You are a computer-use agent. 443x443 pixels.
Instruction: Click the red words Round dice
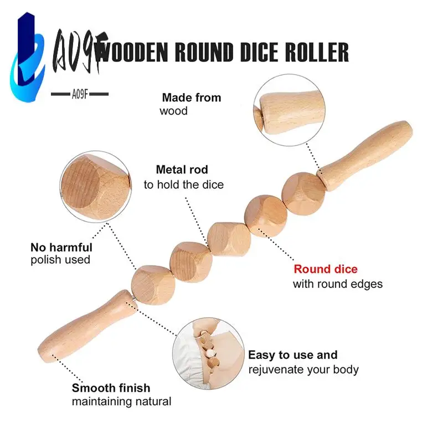coord(325,270)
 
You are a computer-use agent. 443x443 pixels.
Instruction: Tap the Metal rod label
coord(182,170)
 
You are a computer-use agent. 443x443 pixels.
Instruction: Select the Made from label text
coord(191,97)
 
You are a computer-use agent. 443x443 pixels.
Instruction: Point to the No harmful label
coord(61,248)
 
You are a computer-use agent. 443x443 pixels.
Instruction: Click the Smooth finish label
coord(111,388)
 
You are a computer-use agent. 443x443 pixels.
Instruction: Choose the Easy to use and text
coord(292,355)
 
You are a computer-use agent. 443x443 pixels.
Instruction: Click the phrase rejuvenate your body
coord(303,369)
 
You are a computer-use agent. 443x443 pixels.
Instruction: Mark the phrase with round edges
coord(337,284)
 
